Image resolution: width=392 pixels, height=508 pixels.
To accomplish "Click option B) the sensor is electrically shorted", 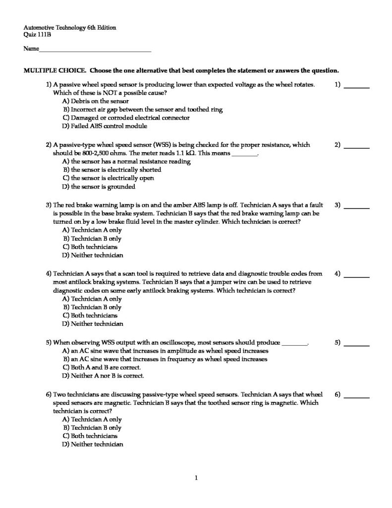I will point(112,170).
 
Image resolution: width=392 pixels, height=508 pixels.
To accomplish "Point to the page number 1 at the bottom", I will point(196,478).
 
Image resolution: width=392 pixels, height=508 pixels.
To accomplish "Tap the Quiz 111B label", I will point(37,35).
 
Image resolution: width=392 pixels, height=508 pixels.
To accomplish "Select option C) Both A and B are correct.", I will point(102,367).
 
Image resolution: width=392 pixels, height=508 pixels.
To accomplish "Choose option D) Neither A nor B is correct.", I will point(103,376).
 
